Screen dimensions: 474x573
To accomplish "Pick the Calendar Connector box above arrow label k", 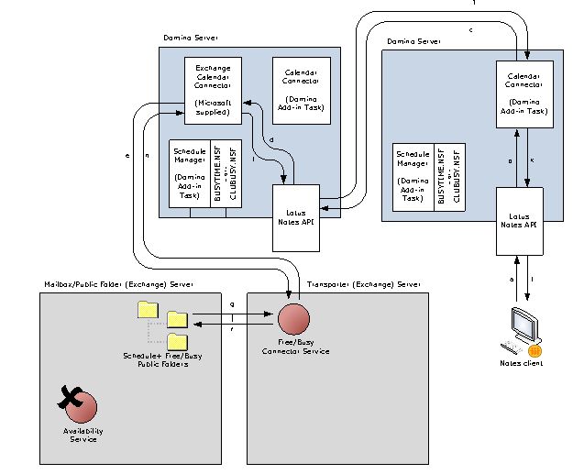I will tap(526, 94).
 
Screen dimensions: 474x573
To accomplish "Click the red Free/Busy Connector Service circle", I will tap(292, 320).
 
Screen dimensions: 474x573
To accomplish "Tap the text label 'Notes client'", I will tap(521, 364).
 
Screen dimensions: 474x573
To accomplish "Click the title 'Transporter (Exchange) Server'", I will tap(364, 285).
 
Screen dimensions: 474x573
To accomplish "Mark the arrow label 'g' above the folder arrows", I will tap(232, 303).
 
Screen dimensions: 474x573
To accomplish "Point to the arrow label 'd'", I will tap(271, 139).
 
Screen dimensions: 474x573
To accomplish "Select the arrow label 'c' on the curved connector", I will tap(470, 30).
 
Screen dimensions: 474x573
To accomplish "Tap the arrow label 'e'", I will tap(127, 157).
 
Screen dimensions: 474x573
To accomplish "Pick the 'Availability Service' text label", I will tap(81, 435).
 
